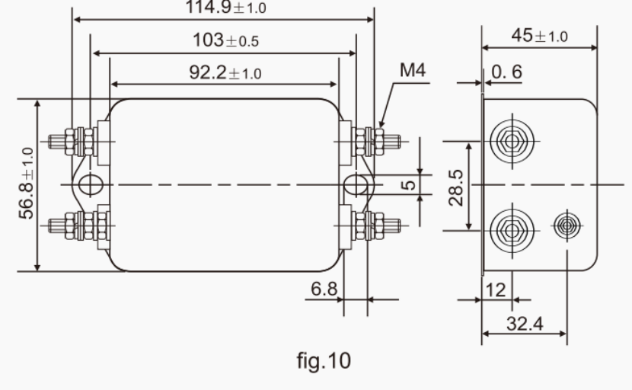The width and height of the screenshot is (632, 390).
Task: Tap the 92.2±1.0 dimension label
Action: (x=225, y=73)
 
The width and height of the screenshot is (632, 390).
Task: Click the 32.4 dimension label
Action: (x=524, y=323)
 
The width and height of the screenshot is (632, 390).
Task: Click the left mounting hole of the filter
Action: (x=89, y=184)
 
